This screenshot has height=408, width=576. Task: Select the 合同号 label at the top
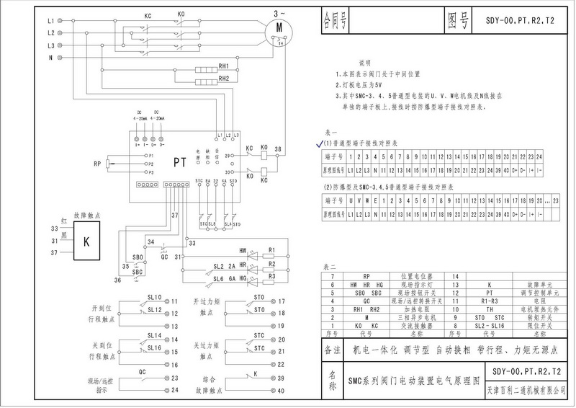[x=336, y=17]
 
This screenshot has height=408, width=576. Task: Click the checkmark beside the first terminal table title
[x=320, y=144]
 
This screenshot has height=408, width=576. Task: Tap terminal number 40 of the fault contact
[x=282, y=391]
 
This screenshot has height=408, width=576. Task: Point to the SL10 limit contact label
[x=154, y=297]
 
